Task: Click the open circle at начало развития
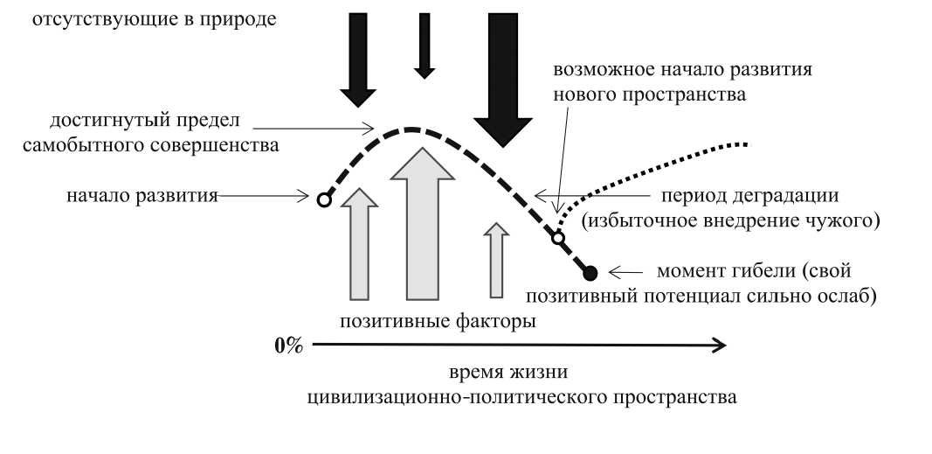pyautogui.click(x=323, y=199)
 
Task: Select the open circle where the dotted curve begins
pyautogui.click(x=558, y=236)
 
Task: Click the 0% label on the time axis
pyautogui.click(x=288, y=346)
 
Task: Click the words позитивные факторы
pyautogui.click(x=438, y=321)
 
